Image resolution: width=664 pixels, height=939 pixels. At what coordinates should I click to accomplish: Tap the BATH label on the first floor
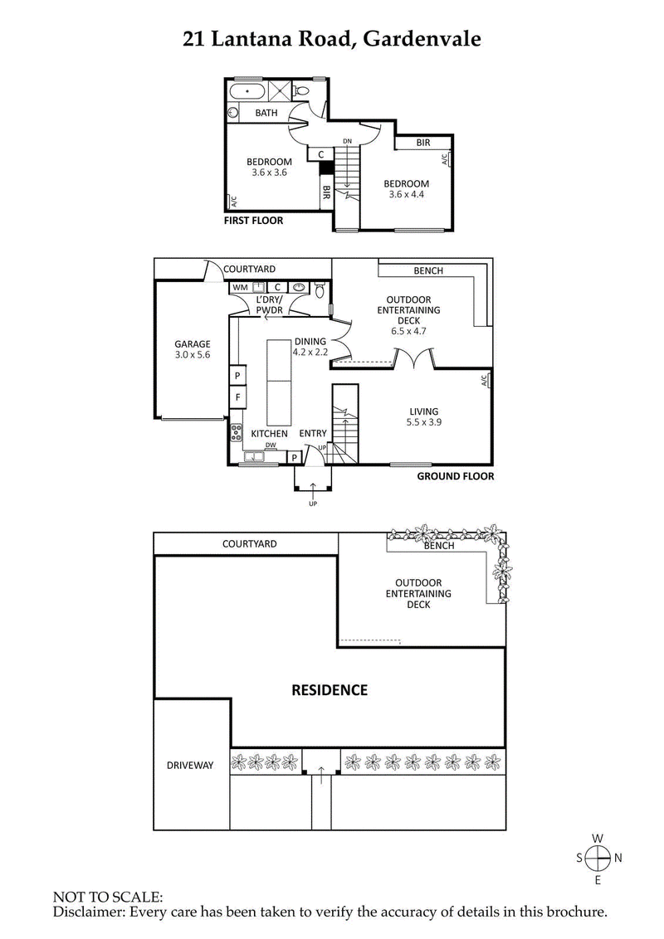(266, 113)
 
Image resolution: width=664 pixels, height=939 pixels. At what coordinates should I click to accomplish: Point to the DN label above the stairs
(347, 141)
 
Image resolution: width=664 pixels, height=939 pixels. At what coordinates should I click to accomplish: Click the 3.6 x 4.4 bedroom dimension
(406, 195)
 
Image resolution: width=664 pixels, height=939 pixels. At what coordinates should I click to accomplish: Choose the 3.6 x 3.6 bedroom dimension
(269, 173)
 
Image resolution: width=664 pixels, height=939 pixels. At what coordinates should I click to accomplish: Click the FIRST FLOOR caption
(253, 221)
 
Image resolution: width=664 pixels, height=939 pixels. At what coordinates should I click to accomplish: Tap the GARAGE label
(192, 344)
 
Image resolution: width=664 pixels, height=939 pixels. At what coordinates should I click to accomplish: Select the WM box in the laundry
(240, 287)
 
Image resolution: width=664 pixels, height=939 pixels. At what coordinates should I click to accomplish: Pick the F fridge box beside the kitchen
(237, 397)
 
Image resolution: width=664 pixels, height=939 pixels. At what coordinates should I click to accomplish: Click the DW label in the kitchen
(270, 445)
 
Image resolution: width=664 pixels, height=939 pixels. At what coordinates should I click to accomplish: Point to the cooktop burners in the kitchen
(236, 432)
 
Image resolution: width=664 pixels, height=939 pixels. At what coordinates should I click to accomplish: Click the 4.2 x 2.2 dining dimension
(310, 352)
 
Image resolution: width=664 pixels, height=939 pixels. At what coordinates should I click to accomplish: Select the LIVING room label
(423, 411)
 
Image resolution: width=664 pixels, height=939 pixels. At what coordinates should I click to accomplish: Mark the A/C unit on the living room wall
(485, 380)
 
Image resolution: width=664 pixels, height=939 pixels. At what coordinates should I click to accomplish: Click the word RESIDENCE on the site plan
(329, 689)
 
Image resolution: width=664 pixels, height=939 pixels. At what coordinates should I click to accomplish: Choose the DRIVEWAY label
(191, 766)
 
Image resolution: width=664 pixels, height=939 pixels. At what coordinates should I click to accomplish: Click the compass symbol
(598, 858)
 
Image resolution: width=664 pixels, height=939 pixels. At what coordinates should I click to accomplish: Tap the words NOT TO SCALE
(108, 897)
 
